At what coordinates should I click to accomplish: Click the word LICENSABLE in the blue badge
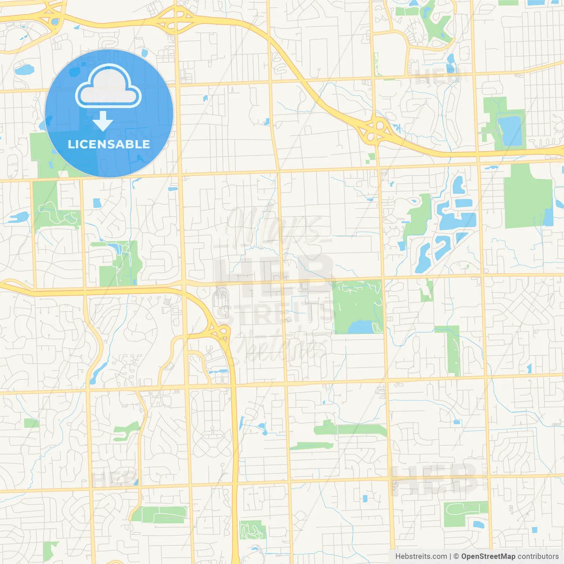pos(109,144)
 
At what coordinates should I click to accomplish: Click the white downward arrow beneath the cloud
pos(103,122)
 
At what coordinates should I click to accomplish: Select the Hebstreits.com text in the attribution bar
pos(421,557)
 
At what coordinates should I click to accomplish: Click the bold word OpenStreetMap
pos(488,557)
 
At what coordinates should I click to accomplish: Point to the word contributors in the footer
pos(538,557)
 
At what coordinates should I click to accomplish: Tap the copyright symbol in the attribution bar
pos(456,557)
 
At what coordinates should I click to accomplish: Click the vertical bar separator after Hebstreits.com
pos(450,557)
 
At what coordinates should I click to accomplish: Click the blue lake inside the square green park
pos(361,327)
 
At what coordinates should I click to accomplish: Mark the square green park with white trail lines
pos(358,304)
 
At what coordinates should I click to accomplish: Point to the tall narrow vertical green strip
pos(453,350)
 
